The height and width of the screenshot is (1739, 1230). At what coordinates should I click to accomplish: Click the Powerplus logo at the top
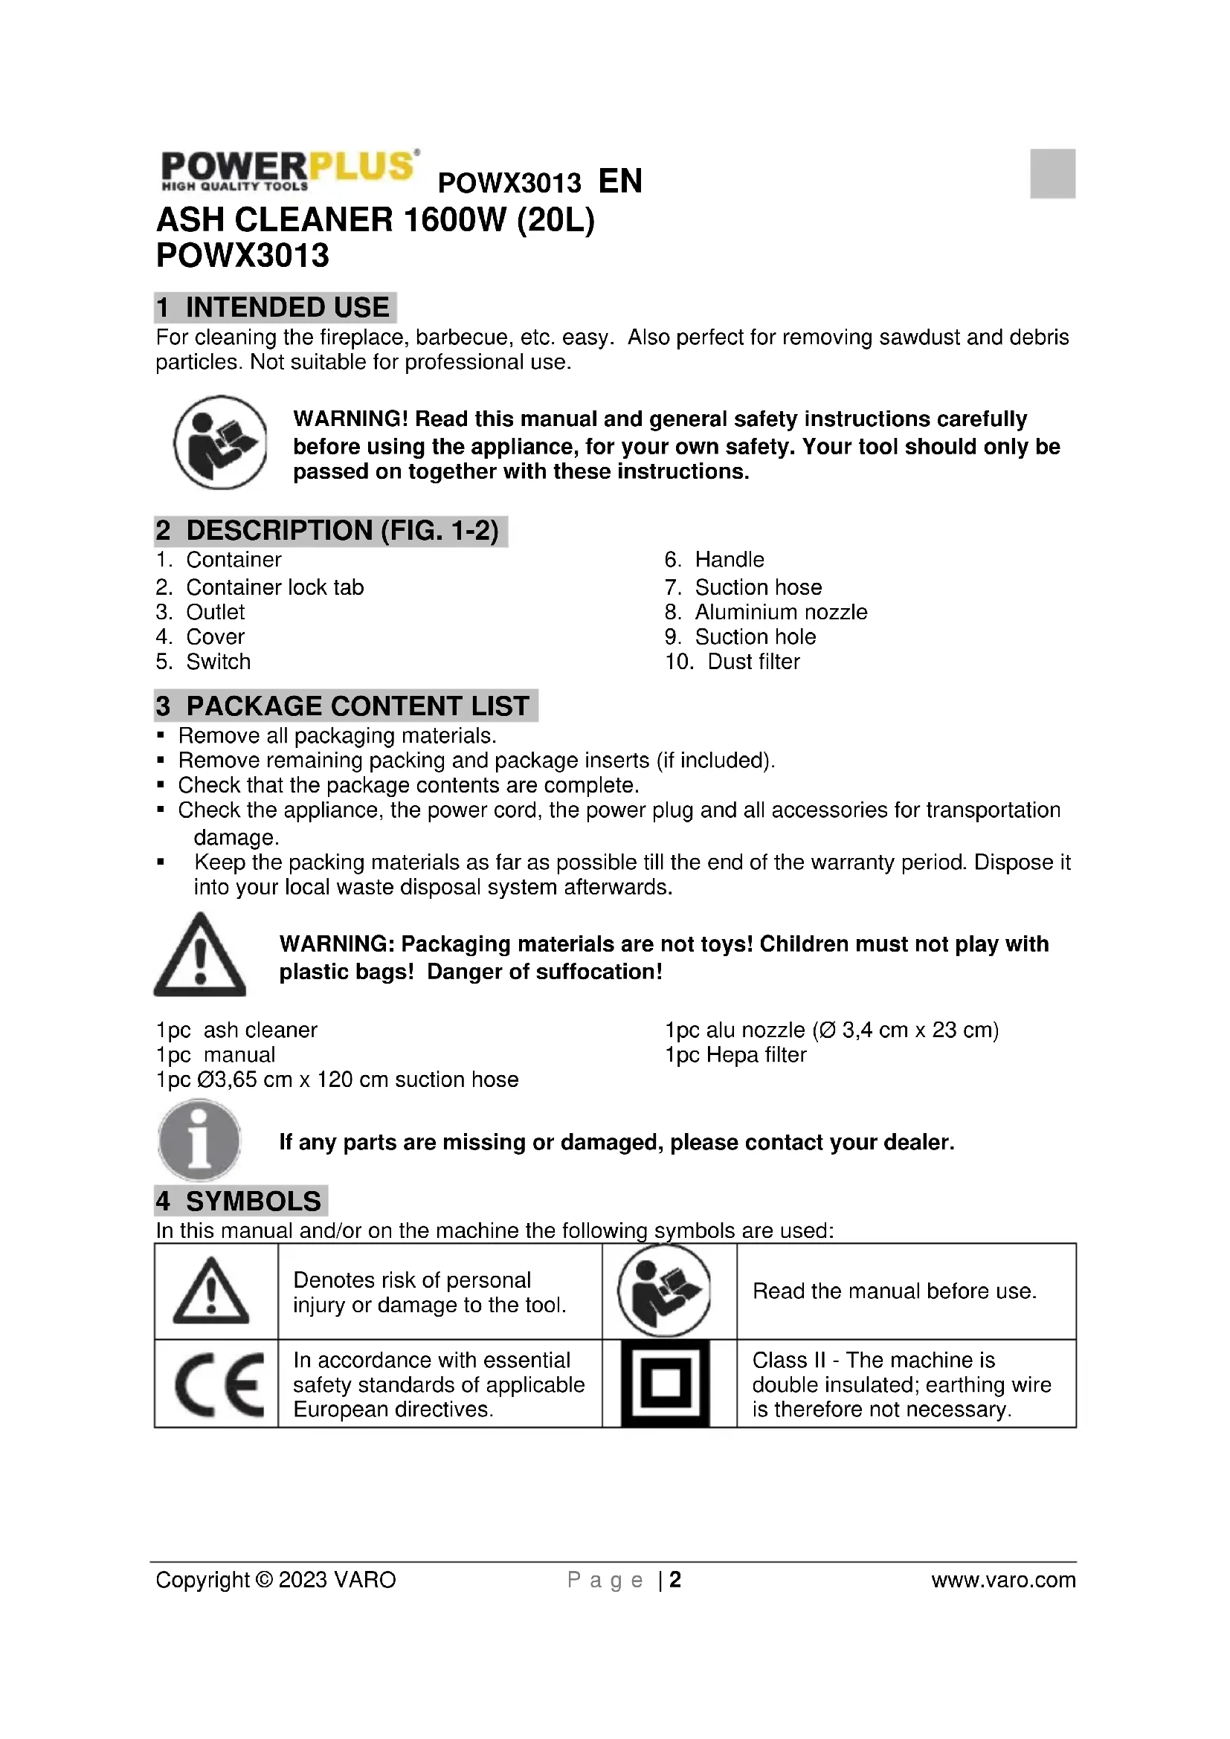coord(288,170)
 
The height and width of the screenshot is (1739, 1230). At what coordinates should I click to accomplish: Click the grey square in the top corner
coord(1052,173)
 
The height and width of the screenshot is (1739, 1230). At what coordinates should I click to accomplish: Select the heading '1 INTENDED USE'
coord(275,308)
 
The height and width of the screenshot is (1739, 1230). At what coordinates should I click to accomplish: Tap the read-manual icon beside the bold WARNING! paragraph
coord(220,442)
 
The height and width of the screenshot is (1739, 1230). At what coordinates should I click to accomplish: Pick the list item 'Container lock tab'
coord(274,587)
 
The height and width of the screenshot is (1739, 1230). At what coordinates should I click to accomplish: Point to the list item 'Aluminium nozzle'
coord(781,612)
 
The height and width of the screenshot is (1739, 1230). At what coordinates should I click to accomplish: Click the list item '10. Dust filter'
coord(732,662)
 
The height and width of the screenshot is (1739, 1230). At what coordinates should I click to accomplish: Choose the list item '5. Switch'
coord(203,662)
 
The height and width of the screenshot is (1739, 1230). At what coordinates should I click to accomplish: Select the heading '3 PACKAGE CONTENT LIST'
coord(345,706)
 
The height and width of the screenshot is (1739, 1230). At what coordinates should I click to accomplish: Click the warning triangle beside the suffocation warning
coord(200,956)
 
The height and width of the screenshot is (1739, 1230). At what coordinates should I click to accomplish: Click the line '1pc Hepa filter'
coord(735,1055)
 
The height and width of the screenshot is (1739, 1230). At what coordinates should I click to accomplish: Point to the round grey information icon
coord(199,1140)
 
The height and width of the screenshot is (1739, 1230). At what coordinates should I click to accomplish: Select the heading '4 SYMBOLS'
coord(241,1202)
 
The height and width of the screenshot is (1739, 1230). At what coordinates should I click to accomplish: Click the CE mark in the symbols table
coord(217,1385)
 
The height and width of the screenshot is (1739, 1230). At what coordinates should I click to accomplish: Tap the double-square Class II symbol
coord(665,1384)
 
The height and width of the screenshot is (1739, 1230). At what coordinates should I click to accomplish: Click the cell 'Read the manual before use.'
coord(895,1291)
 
